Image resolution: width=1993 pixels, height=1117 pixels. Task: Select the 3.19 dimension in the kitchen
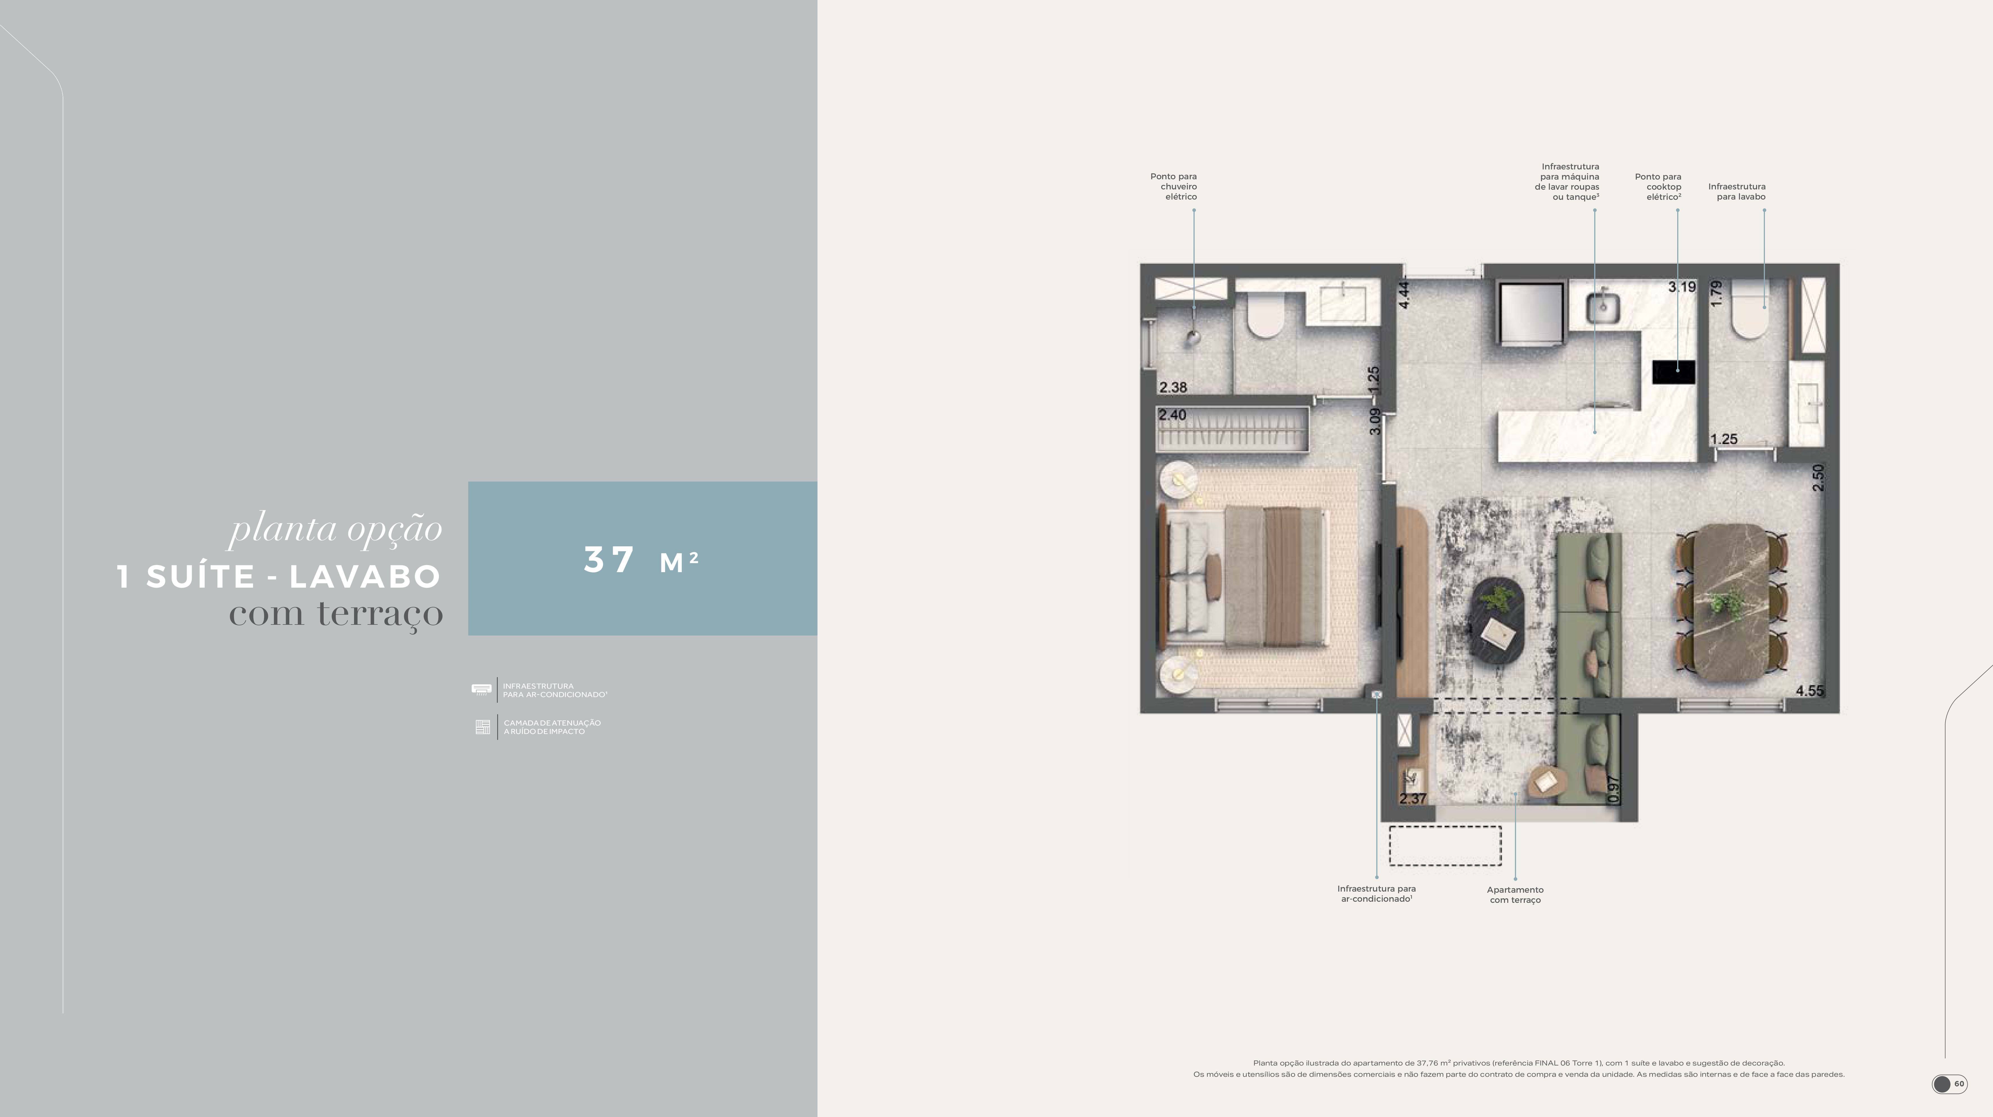click(1682, 287)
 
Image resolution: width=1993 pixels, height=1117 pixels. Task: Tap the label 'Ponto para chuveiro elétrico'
click(1174, 187)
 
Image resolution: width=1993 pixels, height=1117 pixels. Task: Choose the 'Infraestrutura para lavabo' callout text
click(1737, 191)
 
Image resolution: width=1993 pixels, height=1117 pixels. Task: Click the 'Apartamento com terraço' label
click(1515, 895)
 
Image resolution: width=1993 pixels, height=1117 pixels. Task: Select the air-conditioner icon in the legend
click(481, 689)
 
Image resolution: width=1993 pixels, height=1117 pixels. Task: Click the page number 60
click(1959, 1084)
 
